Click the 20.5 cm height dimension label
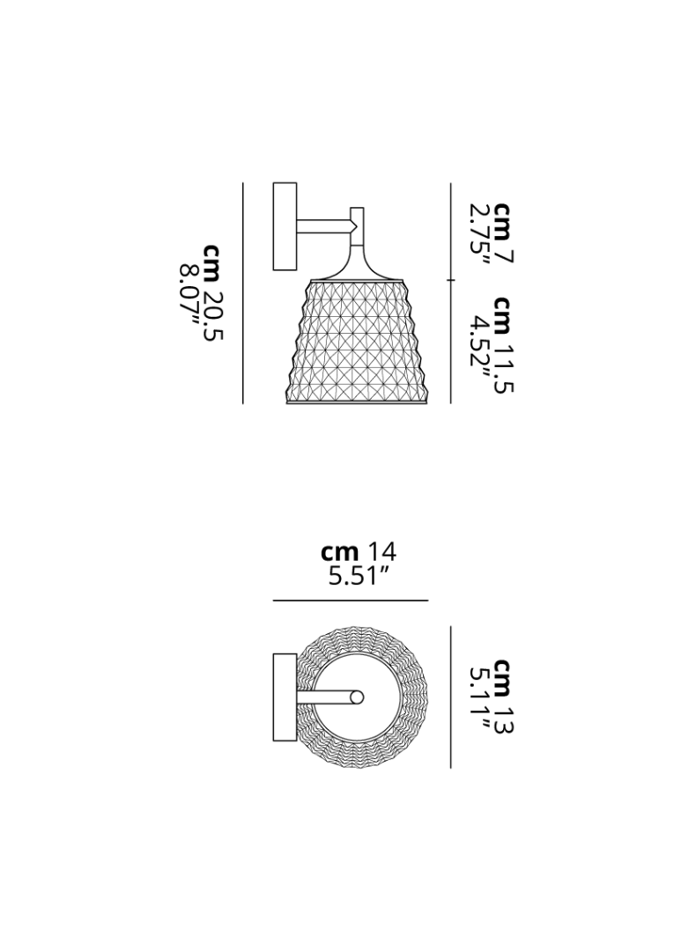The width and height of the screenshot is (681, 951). pos(212,291)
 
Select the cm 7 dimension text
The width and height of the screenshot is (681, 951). pos(502,232)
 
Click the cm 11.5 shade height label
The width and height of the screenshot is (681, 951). pos(502,344)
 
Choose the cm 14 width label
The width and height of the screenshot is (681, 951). pos(358,552)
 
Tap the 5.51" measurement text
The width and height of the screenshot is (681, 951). pos(358,576)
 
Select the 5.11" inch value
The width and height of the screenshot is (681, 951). pos(480,697)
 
